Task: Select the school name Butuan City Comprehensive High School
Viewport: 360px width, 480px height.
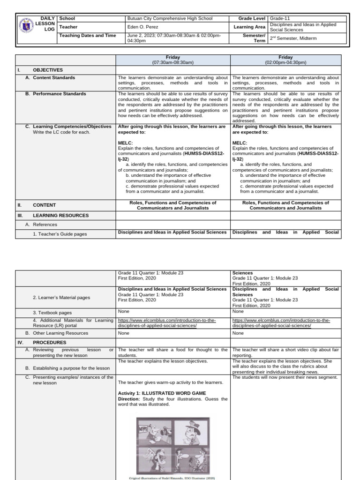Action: click(x=170, y=19)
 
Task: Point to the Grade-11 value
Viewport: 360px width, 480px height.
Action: click(x=280, y=19)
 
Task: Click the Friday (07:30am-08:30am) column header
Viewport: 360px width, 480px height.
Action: click(x=173, y=60)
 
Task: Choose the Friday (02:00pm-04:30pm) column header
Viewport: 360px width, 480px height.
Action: click(x=285, y=60)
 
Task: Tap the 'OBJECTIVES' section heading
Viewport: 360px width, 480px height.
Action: click(x=48, y=70)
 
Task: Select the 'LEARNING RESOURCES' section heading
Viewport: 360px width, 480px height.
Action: click(x=60, y=215)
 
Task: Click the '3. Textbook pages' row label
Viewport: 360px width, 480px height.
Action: click(x=52, y=312)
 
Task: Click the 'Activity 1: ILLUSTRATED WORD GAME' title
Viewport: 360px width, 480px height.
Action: click(x=162, y=393)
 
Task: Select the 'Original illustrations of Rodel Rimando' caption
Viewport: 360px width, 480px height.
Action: click(x=172, y=478)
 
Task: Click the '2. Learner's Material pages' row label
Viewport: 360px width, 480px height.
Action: click(x=61, y=298)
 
